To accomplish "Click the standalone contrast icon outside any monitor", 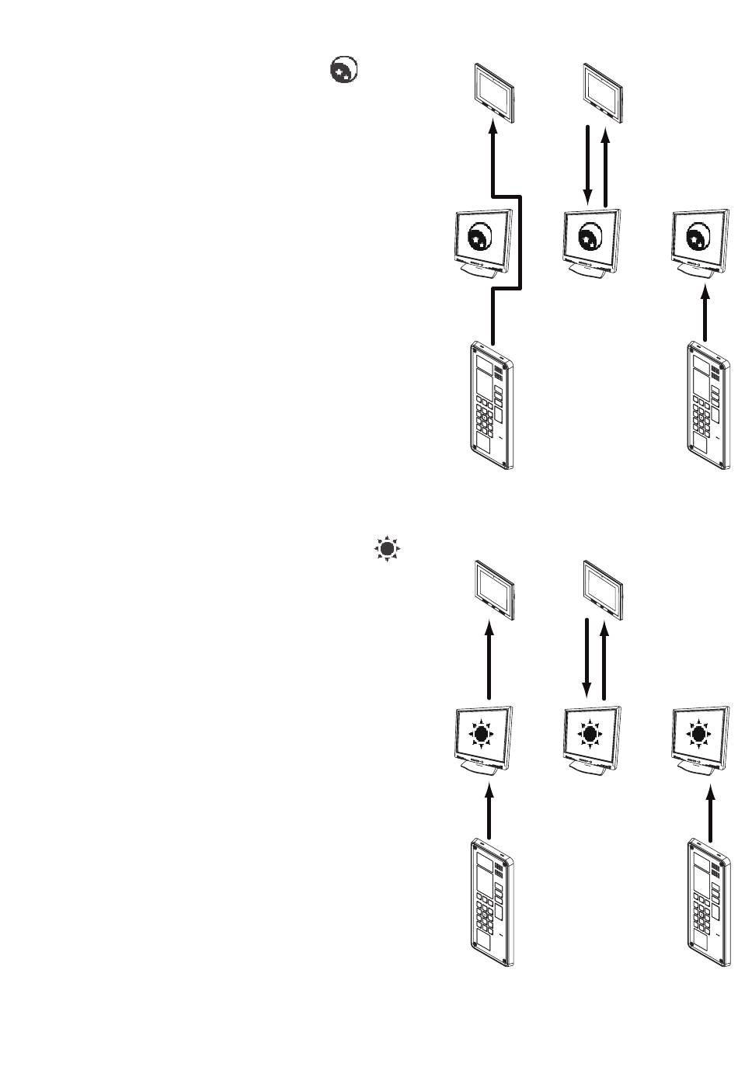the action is click(x=343, y=71).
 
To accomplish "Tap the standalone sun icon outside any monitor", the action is click(x=387, y=549).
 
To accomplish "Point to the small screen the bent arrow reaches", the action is click(x=494, y=92).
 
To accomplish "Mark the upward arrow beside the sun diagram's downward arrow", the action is click(x=606, y=659).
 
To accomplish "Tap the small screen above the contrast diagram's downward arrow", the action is click(x=603, y=92).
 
